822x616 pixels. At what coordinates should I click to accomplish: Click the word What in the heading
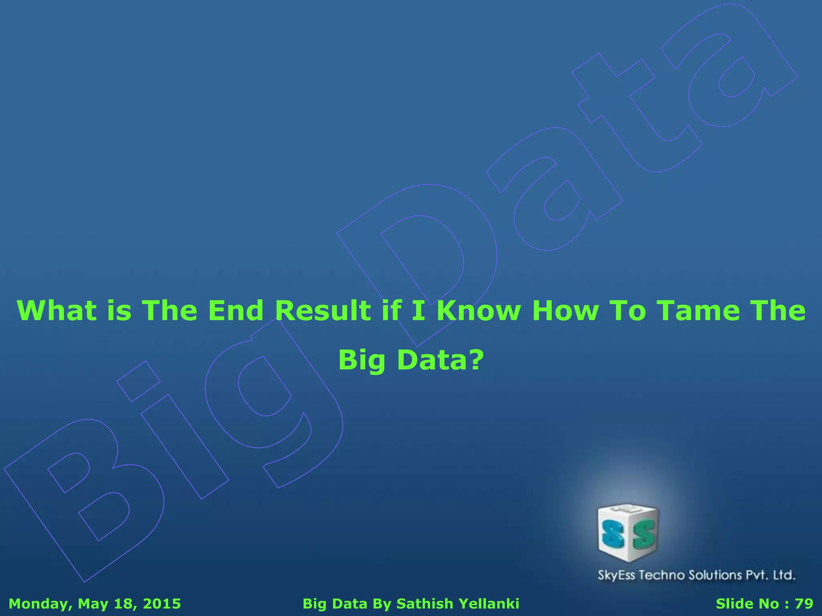point(57,311)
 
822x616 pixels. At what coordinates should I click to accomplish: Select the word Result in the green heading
point(323,311)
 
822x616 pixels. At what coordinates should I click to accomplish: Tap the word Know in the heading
point(478,311)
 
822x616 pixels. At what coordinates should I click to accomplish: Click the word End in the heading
point(236,311)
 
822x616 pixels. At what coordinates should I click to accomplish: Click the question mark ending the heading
point(475,360)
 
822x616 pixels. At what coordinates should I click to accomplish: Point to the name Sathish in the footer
point(425,604)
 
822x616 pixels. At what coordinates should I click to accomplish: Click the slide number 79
point(804,604)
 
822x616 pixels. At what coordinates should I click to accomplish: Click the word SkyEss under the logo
point(616,575)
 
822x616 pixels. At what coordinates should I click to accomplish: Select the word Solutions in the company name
point(715,575)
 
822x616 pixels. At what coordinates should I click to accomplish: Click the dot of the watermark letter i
point(138,381)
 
